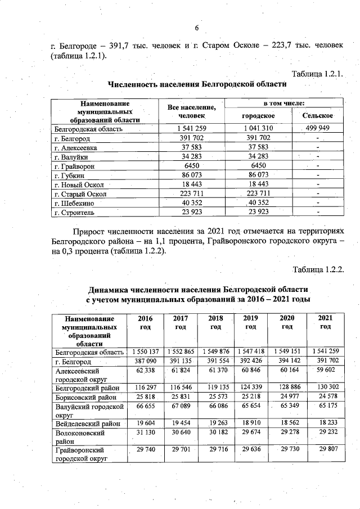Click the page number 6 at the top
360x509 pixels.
(197, 28)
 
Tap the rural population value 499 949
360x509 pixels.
(317, 128)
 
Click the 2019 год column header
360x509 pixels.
(251, 322)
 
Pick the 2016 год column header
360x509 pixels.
(145, 322)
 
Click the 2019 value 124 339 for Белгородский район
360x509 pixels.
(251, 388)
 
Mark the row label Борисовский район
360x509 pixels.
(85, 397)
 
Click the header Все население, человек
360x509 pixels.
(184, 111)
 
